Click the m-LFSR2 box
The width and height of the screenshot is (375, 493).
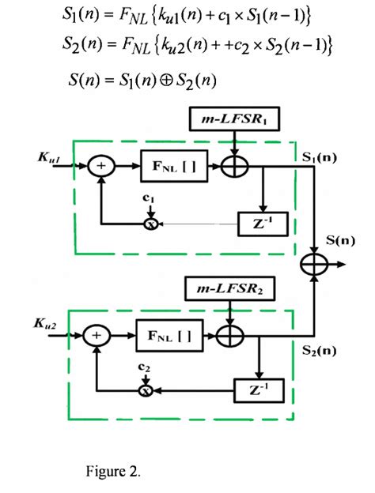click(228, 290)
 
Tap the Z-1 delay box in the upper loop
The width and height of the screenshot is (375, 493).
click(259, 224)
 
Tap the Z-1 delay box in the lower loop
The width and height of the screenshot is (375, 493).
click(255, 389)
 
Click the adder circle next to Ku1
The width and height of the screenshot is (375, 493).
click(101, 167)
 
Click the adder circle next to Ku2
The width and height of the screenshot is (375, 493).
click(97, 335)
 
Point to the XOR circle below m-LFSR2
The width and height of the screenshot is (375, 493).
click(230, 335)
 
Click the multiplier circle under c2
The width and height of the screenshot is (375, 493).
click(145, 390)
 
